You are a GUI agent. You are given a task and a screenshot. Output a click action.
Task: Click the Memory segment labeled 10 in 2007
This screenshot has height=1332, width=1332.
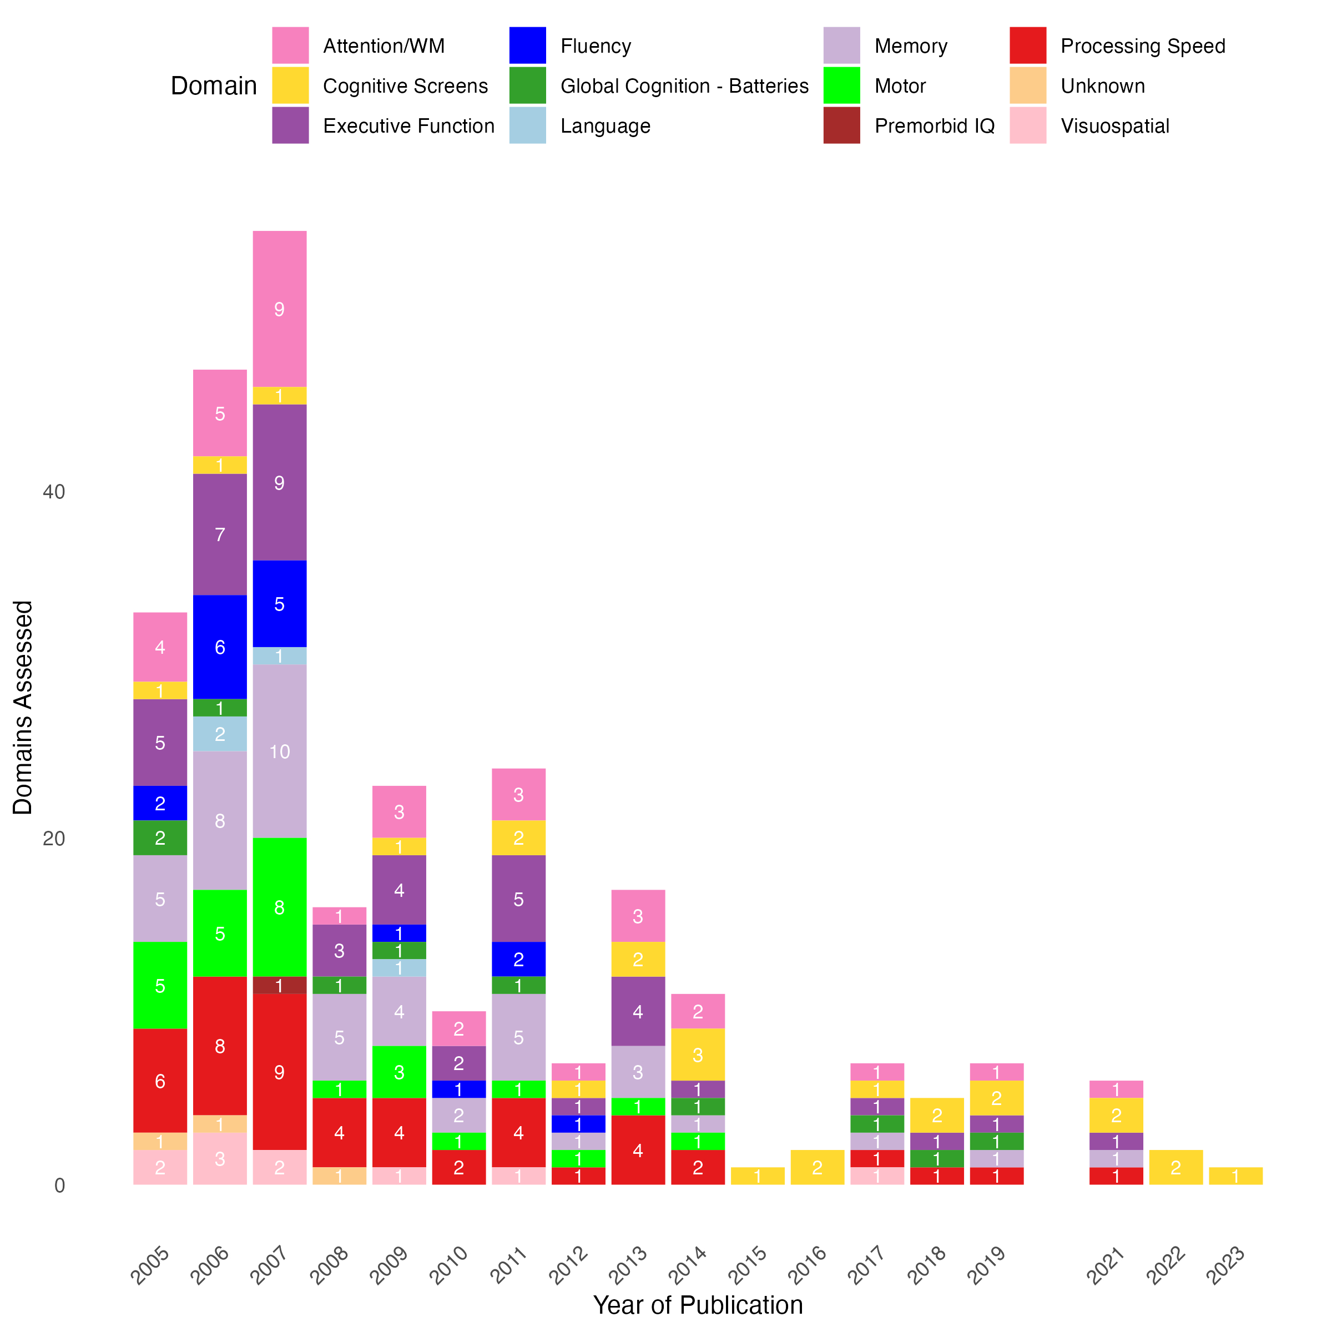[x=279, y=751]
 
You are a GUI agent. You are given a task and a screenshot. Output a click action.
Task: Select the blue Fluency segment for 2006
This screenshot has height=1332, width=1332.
[x=219, y=647]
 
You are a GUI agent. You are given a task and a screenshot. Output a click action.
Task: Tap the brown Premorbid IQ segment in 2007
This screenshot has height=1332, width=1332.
[x=279, y=985]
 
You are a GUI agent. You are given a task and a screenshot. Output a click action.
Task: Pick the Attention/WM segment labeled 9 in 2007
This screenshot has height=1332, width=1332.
[x=279, y=309]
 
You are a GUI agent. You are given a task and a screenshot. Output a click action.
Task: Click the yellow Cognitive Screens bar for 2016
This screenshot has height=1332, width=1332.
[x=817, y=1167]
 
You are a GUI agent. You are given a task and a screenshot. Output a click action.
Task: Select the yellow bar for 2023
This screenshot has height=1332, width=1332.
[x=1235, y=1176]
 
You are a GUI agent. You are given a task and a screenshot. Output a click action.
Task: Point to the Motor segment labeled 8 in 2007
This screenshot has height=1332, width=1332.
[x=279, y=907]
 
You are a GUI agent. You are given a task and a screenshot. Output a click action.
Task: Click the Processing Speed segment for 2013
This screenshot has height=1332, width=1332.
[x=638, y=1150]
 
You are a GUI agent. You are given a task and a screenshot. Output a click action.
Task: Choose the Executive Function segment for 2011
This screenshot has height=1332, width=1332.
[x=518, y=899]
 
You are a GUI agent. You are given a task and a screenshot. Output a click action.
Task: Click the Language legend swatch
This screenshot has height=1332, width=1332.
[x=527, y=125]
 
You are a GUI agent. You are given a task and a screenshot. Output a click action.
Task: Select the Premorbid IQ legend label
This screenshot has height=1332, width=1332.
[x=934, y=125]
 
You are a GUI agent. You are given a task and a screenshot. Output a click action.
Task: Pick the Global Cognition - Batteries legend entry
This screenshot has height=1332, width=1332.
[x=684, y=86]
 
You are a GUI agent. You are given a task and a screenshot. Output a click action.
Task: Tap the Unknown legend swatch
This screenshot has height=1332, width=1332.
[x=1027, y=85]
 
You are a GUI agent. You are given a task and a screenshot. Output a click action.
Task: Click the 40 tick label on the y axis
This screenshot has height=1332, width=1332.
[x=54, y=492]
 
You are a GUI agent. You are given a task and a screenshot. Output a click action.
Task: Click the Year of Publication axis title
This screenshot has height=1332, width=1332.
[x=698, y=1305]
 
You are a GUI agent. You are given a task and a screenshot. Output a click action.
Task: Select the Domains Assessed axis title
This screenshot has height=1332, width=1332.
[x=23, y=708]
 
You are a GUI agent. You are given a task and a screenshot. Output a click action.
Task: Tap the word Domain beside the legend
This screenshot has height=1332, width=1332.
[x=214, y=86]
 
